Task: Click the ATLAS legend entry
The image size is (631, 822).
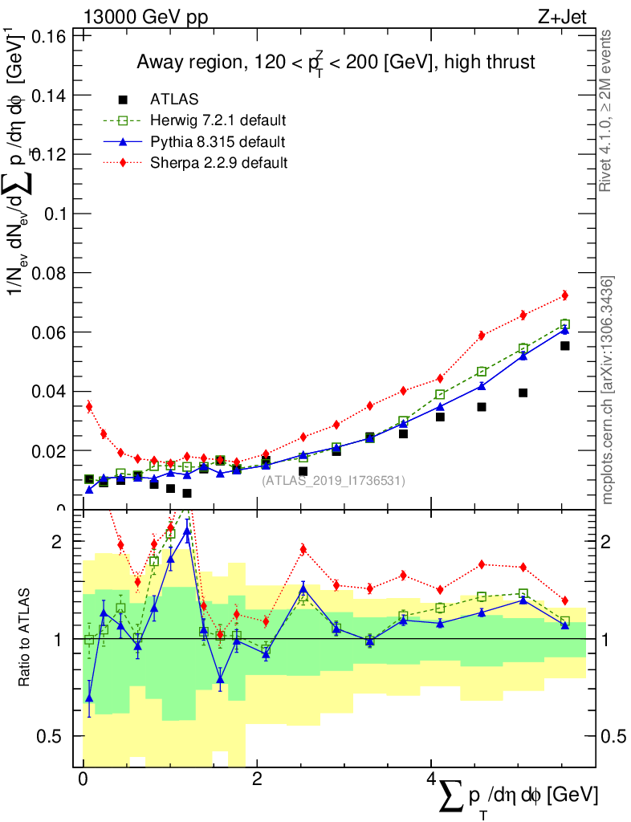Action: click(174, 100)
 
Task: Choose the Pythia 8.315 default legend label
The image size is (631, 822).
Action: click(218, 142)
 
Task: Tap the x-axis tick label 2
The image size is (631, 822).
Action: click(257, 779)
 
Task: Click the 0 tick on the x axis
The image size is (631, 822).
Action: click(83, 779)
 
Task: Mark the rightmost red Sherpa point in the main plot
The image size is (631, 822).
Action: click(564, 295)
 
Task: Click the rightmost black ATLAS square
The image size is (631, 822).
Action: click(564, 346)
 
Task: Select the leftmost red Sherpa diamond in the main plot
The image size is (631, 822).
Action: click(89, 406)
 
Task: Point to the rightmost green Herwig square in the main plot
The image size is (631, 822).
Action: click(564, 324)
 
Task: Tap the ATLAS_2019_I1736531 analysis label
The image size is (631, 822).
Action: click(333, 480)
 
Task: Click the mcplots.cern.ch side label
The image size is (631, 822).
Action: click(608, 390)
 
